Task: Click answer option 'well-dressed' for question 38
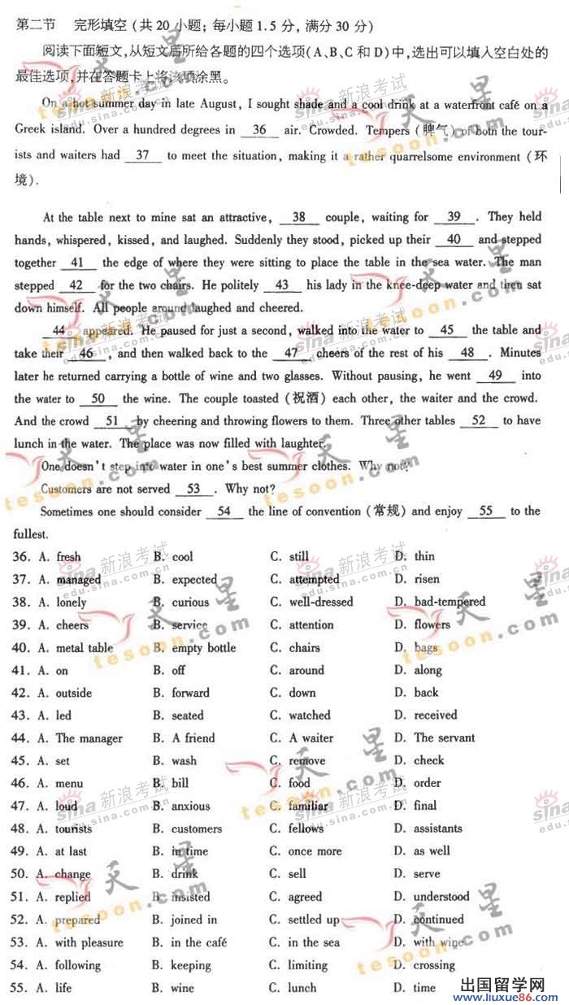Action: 321,603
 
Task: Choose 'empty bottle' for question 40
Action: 204,648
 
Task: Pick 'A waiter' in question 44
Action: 311,738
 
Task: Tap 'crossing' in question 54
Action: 435,965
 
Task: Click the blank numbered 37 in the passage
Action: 143,155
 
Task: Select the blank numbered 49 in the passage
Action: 497,376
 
